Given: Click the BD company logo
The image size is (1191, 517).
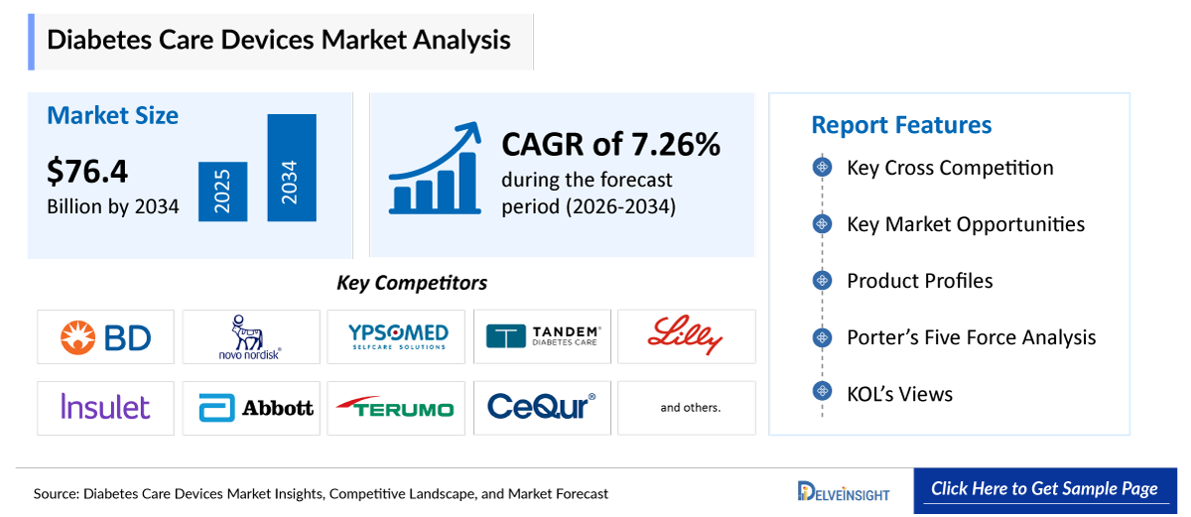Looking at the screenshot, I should pos(105,337).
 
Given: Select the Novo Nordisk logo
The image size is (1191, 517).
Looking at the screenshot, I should pos(250,337).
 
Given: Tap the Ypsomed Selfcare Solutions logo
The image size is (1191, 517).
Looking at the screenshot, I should pos(397,337).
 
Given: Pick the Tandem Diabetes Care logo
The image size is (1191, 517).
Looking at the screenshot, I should pos(543,337).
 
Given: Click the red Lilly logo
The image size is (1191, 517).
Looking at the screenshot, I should pos(685,336).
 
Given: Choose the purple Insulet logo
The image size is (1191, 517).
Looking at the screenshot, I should pos(105,407).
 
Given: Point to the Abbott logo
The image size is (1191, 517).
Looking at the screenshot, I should pos(255,408).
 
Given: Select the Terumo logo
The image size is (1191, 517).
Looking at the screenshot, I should pos(397,408).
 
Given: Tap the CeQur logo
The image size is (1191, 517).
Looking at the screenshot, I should pos(542,407).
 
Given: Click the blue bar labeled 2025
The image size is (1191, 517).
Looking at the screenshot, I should pos(216,192).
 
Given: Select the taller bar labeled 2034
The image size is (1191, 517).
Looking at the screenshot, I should pos(291,168).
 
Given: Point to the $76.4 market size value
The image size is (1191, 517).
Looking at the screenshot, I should pos(87,172).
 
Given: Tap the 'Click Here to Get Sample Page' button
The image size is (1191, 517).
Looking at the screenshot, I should pos(1044,489).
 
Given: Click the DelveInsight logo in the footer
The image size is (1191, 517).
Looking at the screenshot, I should pos(844,491).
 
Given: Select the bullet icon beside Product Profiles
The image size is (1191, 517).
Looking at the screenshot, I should pos(822,281).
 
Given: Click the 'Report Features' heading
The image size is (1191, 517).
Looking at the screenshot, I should pos(901,125).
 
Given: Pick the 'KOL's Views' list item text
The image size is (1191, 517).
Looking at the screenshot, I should pos(899,394).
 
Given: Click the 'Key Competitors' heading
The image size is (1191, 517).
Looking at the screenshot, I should pos(412,283).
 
